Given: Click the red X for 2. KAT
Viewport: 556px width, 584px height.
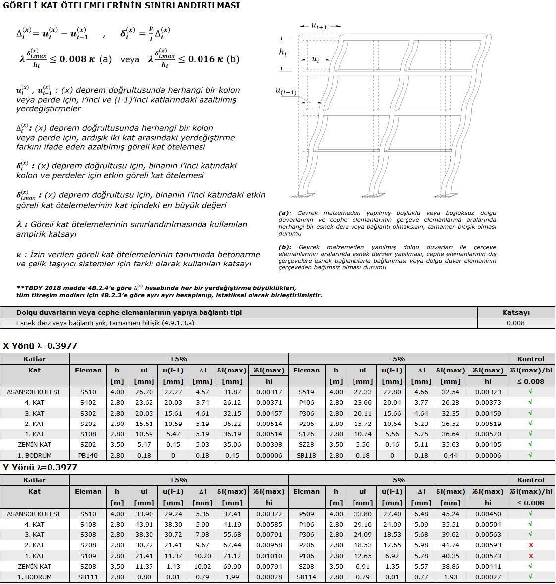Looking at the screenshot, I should (531, 545).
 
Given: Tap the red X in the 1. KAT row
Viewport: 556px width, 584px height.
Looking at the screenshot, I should (531, 556).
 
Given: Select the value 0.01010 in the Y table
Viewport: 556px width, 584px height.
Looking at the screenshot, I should (269, 556).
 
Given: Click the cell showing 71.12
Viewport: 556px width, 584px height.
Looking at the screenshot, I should (232, 556).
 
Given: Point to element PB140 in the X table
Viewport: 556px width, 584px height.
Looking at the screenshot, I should (88, 455).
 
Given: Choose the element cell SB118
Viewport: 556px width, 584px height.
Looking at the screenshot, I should (306, 455).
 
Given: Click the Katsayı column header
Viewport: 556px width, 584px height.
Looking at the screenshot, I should (516, 312).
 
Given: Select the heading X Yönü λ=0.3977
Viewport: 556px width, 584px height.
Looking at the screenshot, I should (40, 346).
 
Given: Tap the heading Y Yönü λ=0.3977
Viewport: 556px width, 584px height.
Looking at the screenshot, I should (40, 467).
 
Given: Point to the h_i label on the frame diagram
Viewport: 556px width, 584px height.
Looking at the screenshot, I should (283, 53).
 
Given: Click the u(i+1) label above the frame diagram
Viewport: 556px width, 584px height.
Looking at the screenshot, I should (319, 26).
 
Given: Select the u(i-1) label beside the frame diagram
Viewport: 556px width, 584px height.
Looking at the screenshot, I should (286, 91).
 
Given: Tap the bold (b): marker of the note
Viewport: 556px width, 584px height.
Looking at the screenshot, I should (285, 247).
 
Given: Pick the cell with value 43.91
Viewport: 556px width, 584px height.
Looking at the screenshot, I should (144, 524).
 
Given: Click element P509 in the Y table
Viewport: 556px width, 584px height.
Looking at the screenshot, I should (306, 514).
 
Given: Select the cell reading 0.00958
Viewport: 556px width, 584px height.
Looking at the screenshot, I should (269, 545).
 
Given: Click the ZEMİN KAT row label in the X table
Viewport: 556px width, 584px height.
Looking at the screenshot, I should (34, 445).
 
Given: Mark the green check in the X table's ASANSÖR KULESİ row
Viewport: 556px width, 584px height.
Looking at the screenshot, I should (531, 392).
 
